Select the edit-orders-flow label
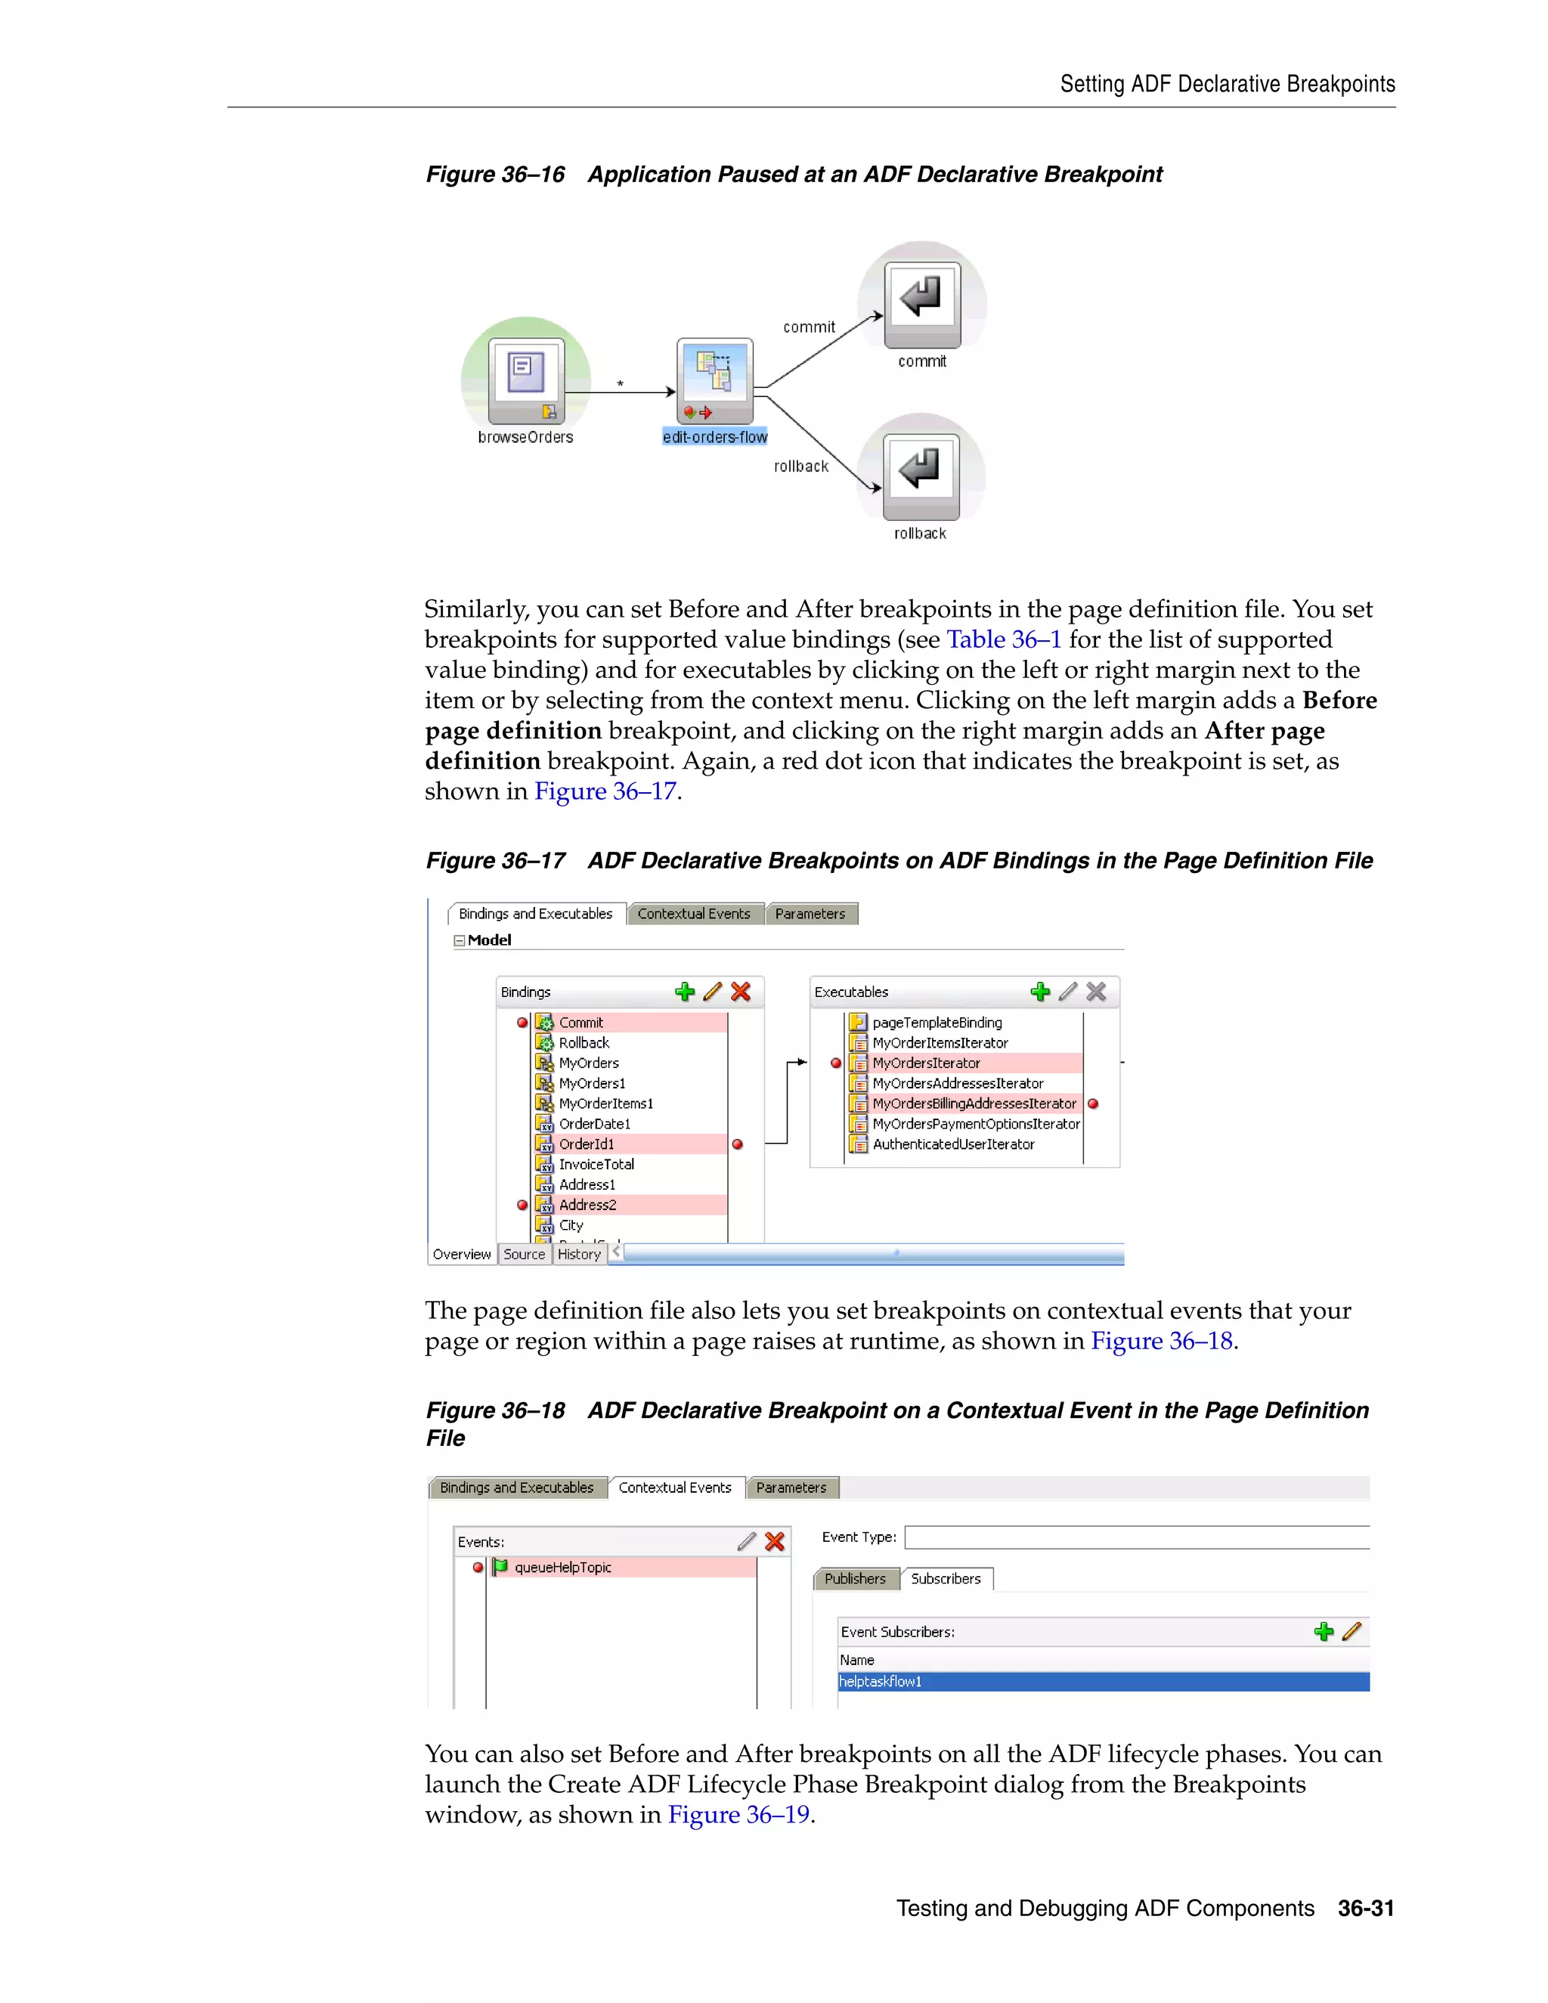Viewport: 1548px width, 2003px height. pyautogui.click(x=714, y=438)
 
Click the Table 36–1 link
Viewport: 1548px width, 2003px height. pyautogui.click(x=1003, y=639)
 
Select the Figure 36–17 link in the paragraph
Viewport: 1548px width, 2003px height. pyautogui.click(x=605, y=791)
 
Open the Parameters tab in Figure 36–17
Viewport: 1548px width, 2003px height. pyautogui.click(x=810, y=914)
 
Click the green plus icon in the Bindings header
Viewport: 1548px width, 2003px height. pyautogui.click(x=684, y=992)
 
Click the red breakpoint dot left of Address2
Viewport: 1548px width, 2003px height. pyautogui.click(x=522, y=1205)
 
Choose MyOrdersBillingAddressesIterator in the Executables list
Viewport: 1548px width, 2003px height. pyautogui.click(x=974, y=1104)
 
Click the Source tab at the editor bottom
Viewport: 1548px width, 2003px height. pyautogui.click(x=524, y=1254)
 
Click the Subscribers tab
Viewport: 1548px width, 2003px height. pyautogui.click(x=946, y=1578)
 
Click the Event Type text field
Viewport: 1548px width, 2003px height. pyautogui.click(x=1135, y=1537)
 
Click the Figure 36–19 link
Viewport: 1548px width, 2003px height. pyautogui.click(x=738, y=1815)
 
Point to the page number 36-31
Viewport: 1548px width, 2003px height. pyautogui.click(x=1366, y=1909)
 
